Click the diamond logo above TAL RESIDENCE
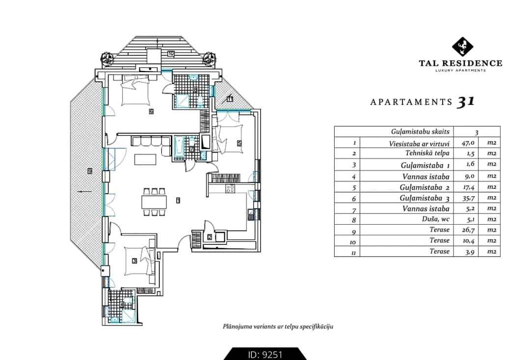click(x=462, y=47)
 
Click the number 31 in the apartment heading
click(x=466, y=102)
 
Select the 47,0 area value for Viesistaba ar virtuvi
click(x=468, y=143)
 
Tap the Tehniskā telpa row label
click(x=427, y=153)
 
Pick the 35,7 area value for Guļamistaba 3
click(x=468, y=198)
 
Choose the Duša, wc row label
click(x=436, y=219)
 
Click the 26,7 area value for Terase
click(x=468, y=230)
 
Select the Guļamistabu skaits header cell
click(x=420, y=132)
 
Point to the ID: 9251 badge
click(x=265, y=354)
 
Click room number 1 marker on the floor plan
click(x=178, y=200)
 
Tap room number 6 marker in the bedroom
click(x=151, y=111)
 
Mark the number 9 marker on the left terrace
click(x=90, y=171)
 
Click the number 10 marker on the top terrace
click(x=171, y=53)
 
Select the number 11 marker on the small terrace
click(x=230, y=99)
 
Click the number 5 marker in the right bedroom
click(x=239, y=143)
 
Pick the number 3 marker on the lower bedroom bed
click(x=134, y=260)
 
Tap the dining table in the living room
click(x=154, y=202)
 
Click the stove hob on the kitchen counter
click(x=230, y=188)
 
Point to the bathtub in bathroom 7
click(x=179, y=147)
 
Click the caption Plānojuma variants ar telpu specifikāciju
click(x=278, y=327)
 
